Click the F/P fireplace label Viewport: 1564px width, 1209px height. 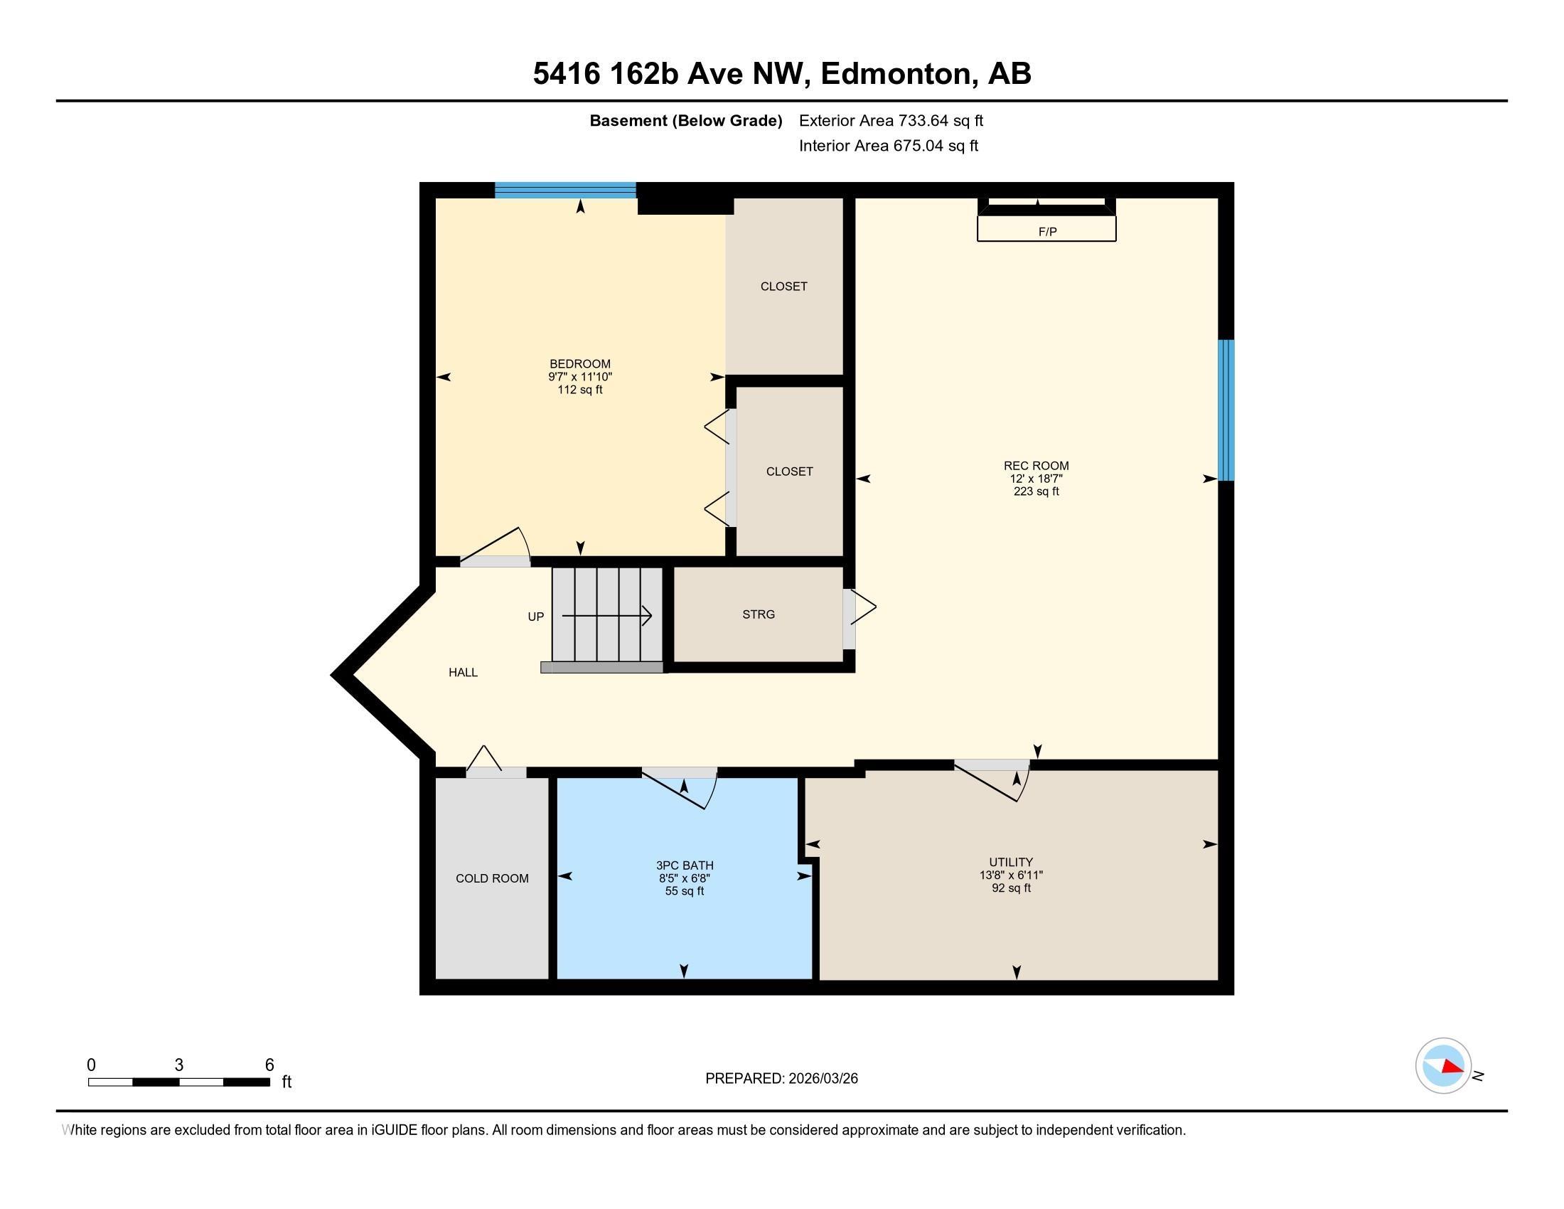click(1047, 231)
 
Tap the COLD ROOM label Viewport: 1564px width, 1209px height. click(492, 878)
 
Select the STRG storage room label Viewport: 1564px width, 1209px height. click(759, 614)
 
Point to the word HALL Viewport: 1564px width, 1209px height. click(463, 672)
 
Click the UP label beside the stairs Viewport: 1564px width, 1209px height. click(535, 616)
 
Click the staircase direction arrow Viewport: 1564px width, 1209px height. click(606, 615)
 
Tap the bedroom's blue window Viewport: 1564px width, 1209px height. click(566, 190)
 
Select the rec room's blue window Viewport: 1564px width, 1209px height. click(1226, 410)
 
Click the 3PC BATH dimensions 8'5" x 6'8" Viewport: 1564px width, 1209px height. click(685, 878)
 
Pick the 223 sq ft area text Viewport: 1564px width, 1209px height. click(1036, 491)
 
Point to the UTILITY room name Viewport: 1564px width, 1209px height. click(1011, 862)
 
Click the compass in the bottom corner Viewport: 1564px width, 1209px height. click(1443, 1066)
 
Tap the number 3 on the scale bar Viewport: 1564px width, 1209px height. click(179, 1065)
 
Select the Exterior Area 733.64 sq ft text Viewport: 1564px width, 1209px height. click(891, 120)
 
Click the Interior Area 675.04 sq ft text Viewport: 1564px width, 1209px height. click(888, 145)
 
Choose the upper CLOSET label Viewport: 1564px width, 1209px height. click(783, 286)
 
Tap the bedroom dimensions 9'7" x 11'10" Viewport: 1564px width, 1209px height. click(580, 377)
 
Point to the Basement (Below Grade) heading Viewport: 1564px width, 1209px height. click(685, 121)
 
